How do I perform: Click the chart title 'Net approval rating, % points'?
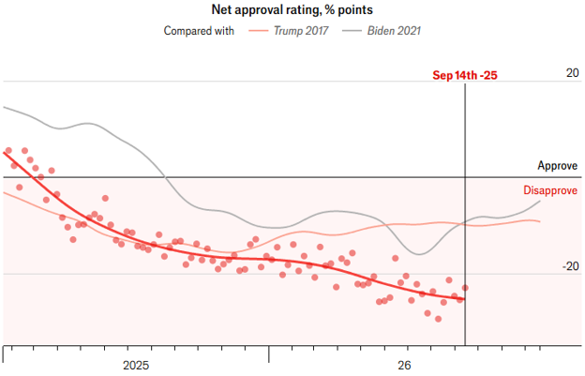pos(292,9)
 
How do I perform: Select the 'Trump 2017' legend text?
pos(301,31)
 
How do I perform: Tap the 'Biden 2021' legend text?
pos(394,31)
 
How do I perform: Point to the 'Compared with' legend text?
pos(199,31)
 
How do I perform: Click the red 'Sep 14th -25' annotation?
pos(465,75)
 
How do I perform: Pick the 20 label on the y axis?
pos(572,73)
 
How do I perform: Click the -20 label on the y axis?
pos(570,266)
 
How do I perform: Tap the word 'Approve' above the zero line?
pos(558,166)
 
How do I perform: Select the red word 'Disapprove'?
pos(550,190)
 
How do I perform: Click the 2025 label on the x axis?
pos(136,365)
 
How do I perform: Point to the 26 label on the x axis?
pos(404,365)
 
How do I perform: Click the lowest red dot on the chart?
pos(439,319)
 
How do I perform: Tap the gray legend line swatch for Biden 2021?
pos(352,31)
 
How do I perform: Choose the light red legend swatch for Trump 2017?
pos(258,31)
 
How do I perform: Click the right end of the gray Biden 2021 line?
pos(540,201)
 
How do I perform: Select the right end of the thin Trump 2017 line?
pos(540,221)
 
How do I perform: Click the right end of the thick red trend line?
pos(464,299)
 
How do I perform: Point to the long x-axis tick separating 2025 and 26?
pos(269,354)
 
